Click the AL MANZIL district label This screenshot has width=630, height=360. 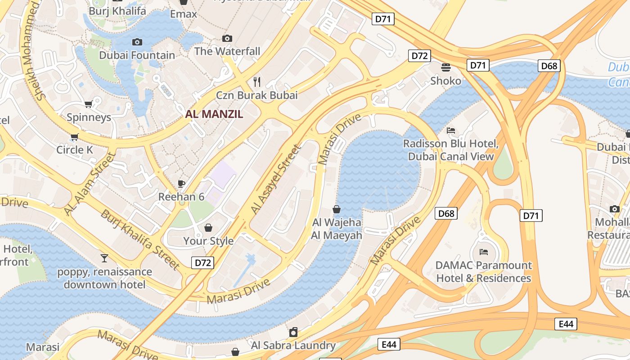[x=214, y=114]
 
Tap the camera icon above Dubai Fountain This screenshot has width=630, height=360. [x=137, y=42]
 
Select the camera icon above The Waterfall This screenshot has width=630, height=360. [x=227, y=38]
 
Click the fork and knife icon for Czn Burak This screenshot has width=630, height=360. [x=257, y=81]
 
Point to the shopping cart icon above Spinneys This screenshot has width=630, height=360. [x=89, y=104]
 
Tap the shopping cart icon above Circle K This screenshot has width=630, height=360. [x=74, y=136]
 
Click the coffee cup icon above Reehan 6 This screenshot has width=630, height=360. [x=181, y=183]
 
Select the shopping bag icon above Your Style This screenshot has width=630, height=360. [x=208, y=228]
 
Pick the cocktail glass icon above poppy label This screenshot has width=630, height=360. [x=104, y=258]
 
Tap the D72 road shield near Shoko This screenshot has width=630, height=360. [x=419, y=56]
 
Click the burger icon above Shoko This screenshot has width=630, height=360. [x=446, y=67]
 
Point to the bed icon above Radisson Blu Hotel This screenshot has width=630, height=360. [x=451, y=130]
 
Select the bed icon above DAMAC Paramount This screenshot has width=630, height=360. [x=484, y=252]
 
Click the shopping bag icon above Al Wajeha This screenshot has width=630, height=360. [x=336, y=209]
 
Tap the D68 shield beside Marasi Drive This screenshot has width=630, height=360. [x=446, y=213]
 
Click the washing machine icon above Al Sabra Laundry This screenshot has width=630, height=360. [x=293, y=332]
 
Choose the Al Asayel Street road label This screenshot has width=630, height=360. [x=275, y=179]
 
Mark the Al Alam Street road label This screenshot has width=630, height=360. [x=90, y=184]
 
